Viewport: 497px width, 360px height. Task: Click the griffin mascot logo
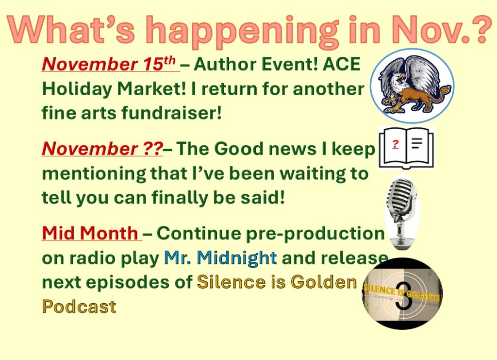pyautogui.click(x=412, y=86)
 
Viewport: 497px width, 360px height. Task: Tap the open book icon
pyautogui.click(x=406, y=148)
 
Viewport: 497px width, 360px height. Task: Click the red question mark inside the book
pyautogui.click(x=395, y=144)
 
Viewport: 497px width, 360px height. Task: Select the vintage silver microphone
pyautogui.click(x=401, y=212)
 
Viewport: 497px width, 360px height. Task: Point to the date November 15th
pyautogui.click(x=108, y=64)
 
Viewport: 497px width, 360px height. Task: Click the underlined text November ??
pyautogui.click(x=102, y=149)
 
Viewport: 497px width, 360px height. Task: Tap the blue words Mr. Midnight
pyautogui.click(x=220, y=257)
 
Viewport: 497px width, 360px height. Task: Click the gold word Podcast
pyautogui.click(x=79, y=307)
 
